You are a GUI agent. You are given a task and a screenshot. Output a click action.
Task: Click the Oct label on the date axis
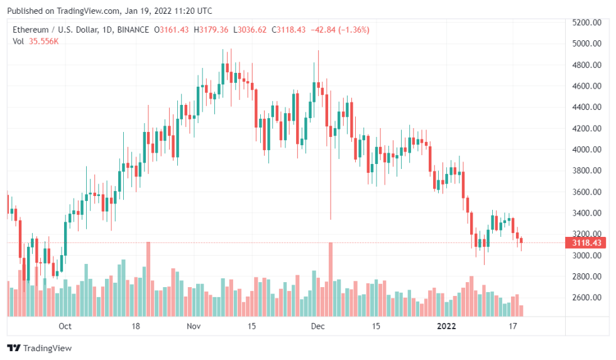coord(65,326)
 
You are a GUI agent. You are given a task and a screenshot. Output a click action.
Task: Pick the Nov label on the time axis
coord(194,326)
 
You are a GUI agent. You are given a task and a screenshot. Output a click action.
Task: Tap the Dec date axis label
coord(317,326)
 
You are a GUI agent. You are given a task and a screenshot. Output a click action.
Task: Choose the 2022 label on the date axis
coord(446,326)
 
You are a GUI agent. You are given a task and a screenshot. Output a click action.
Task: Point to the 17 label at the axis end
coord(513,326)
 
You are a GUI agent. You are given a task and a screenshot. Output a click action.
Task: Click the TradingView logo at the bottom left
coord(40,347)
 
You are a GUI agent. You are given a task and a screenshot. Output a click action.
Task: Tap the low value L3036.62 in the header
coord(250,30)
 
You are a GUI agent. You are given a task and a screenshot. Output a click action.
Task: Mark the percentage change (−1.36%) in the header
coord(351,30)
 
